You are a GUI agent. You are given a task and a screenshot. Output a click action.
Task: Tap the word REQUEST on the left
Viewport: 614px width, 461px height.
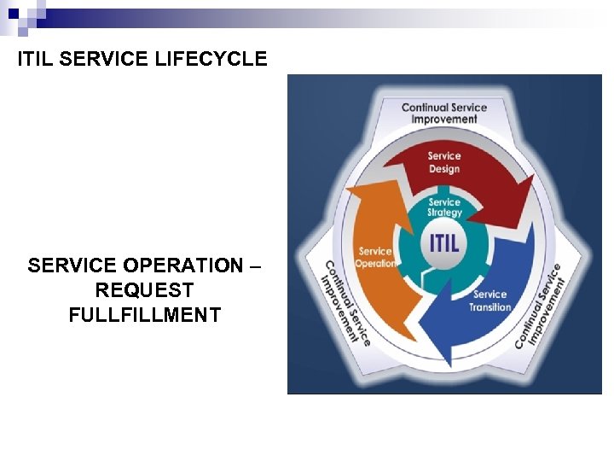pos(144,290)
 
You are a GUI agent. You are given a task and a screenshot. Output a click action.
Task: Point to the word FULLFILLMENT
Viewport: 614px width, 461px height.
pos(144,315)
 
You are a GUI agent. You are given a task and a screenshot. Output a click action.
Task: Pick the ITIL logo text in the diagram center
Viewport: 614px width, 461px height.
pos(443,242)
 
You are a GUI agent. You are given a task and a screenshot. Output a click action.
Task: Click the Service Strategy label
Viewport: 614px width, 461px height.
pos(444,207)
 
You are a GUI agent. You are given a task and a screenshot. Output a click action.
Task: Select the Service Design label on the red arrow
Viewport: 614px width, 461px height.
pos(444,162)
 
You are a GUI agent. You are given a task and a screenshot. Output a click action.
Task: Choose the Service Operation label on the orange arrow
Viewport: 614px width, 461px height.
pos(375,257)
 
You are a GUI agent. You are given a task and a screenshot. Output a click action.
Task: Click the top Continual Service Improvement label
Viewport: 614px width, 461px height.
pos(444,114)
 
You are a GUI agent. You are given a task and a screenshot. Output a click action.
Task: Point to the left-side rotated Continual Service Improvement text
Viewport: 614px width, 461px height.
pos(345,303)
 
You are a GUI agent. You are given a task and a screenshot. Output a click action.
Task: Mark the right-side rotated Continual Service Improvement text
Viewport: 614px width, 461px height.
pos(539,306)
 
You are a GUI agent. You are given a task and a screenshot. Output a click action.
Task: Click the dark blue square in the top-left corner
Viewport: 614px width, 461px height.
pos(14,12)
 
